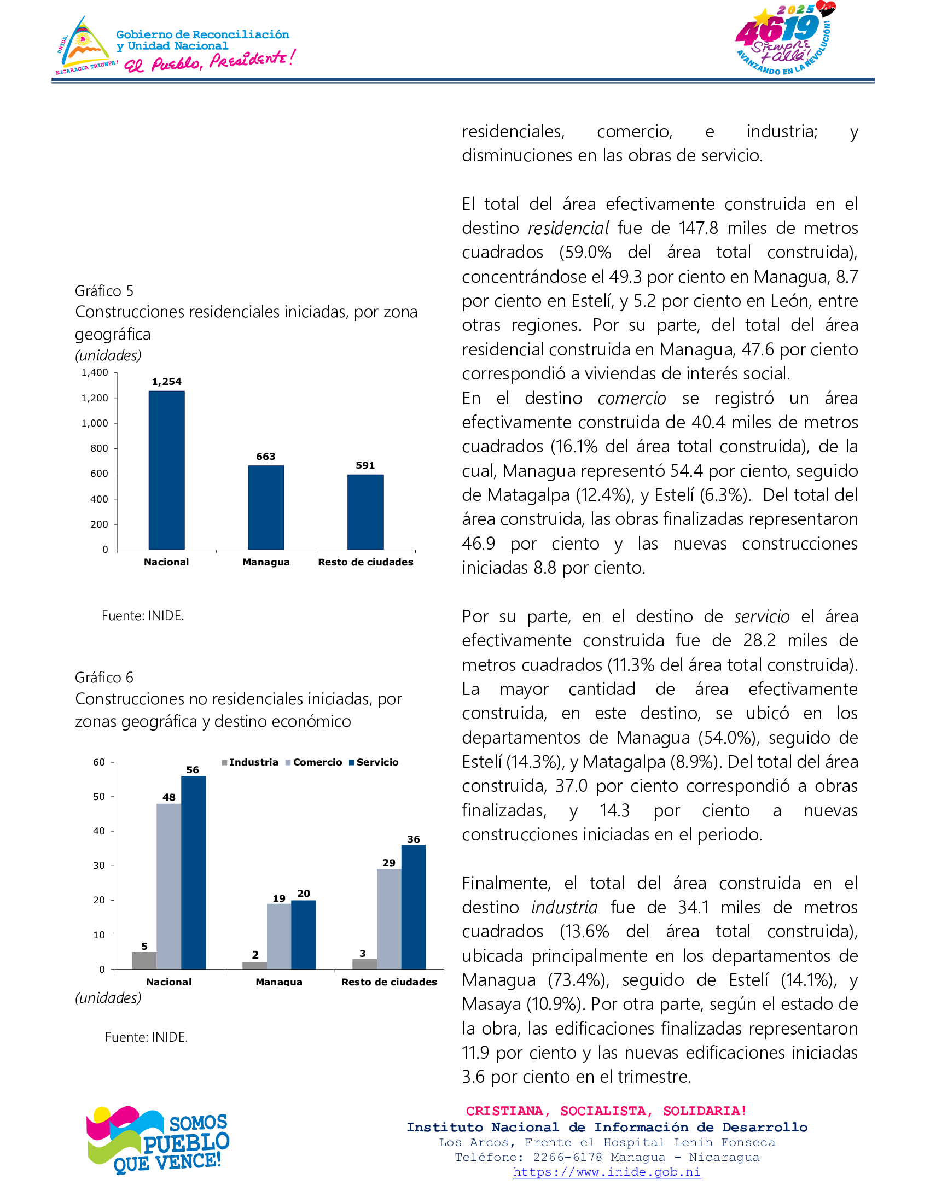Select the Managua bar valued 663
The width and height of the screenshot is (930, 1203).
pyautogui.click(x=265, y=507)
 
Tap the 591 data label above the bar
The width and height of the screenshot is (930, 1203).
pyautogui.click(x=365, y=465)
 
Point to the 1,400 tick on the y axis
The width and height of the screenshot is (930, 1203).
pyautogui.click(x=95, y=373)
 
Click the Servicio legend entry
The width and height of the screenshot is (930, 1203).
pyautogui.click(x=374, y=762)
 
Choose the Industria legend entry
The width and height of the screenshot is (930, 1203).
pyautogui.click(x=250, y=762)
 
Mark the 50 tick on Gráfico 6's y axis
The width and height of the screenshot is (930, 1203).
pyautogui.click(x=99, y=797)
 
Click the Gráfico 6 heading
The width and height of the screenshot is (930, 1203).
pyautogui.click(x=104, y=678)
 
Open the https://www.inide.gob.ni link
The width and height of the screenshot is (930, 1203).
pyautogui.click(x=607, y=1172)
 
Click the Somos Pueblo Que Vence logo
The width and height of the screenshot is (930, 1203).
pyautogui.click(x=158, y=1139)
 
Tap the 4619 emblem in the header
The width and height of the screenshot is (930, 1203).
pyautogui.click(x=784, y=39)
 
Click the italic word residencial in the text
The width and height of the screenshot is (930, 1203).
pyautogui.click(x=568, y=228)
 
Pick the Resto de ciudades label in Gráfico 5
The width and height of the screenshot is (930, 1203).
pyautogui.click(x=365, y=562)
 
